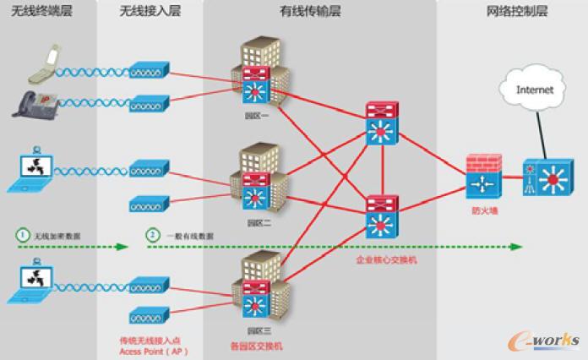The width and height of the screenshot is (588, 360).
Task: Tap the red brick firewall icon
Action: [482, 175]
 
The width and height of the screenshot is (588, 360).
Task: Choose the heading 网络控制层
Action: [517, 11]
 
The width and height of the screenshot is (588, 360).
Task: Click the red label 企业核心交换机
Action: [386, 260]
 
